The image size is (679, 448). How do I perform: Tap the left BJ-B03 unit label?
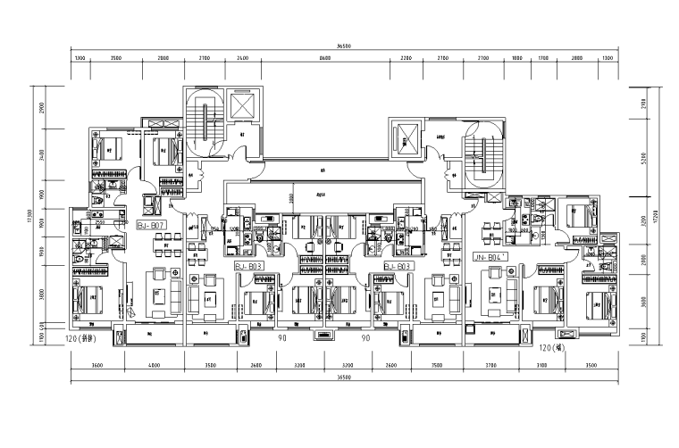pos(247,266)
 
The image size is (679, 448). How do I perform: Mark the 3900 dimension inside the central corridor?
pos(290,197)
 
